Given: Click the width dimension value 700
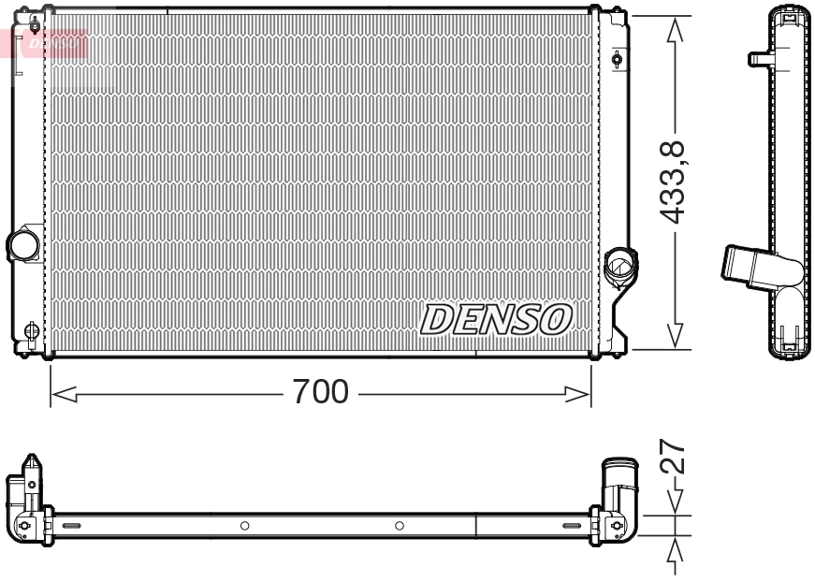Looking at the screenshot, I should point(320,391).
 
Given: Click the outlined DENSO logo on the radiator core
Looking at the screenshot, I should point(496,319).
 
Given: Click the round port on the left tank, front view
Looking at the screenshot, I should point(22,245).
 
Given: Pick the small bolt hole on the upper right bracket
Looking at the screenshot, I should point(617,61).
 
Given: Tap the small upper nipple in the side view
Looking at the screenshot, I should point(759,59).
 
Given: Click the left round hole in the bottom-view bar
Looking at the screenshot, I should point(244,526).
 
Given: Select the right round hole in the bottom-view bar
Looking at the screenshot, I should point(400,526).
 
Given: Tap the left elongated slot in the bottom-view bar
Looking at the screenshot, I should point(72,527).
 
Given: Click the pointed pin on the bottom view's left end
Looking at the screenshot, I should point(31,464).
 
